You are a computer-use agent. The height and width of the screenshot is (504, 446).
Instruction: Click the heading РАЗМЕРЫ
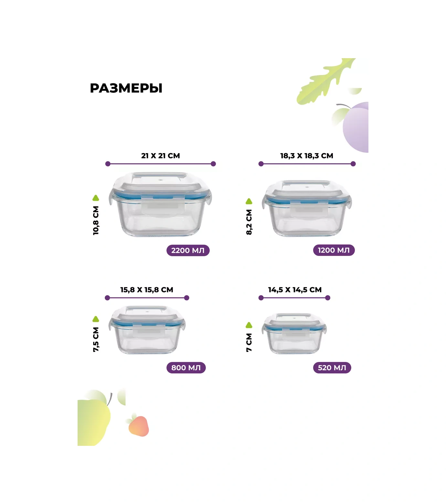126,88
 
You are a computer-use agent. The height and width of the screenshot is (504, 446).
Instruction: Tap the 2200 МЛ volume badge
188,250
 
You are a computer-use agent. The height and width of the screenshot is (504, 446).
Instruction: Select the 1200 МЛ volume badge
334,250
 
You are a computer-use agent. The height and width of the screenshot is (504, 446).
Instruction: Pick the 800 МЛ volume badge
186,368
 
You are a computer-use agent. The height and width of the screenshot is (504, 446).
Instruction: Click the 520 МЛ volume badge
332,368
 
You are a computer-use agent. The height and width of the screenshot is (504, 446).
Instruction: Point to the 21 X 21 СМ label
161,156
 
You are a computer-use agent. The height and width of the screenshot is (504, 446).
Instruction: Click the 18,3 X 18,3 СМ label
307,156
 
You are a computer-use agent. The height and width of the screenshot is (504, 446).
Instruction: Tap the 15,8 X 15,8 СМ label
147,290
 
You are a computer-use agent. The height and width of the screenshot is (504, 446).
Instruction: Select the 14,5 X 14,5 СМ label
295,290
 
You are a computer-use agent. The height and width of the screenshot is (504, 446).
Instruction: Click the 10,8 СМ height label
96,220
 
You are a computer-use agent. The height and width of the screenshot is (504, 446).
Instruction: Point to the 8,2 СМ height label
249,222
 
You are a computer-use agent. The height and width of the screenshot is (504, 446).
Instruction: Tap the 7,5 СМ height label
96,340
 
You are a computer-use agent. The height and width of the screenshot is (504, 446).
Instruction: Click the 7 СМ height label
249,342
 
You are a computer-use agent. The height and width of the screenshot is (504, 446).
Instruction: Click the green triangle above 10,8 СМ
96,198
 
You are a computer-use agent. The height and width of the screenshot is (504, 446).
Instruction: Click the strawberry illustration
138,425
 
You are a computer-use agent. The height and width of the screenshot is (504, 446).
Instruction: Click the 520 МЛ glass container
294,333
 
